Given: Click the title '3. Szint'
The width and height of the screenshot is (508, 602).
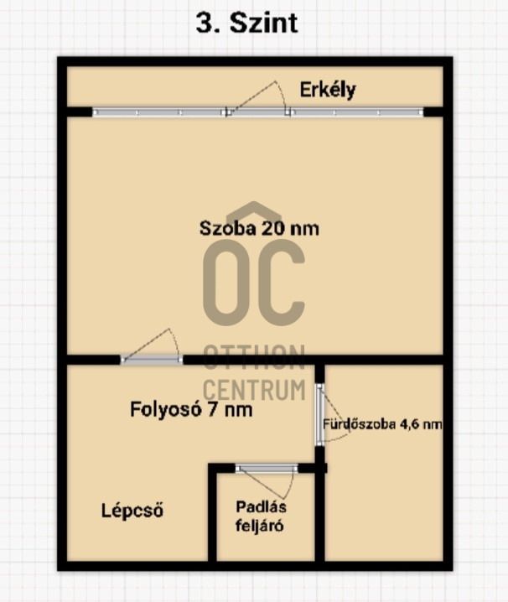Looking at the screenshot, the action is pyautogui.click(x=247, y=23).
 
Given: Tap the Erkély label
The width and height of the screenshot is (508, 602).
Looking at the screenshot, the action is pyautogui.click(x=328, y=91).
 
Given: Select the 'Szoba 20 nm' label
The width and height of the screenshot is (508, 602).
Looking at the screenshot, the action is pyautogui.click(x=259, y=228).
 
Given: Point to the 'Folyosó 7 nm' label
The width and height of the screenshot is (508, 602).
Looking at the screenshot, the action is pyautogui.click(x=191, y=409).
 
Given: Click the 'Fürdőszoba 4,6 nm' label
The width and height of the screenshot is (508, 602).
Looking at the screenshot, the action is pyautogui.click(x=382, y=424).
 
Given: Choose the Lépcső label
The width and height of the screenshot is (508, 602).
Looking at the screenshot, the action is pyautogui.click(x=132, y=511).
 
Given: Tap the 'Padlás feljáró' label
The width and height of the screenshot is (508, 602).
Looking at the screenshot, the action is pyautogui.click(x=261, y=516).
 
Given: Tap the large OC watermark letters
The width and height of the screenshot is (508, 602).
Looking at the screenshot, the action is pyautogui.click(x=254, y=283).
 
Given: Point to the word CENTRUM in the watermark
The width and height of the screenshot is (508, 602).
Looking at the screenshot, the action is pyautogui.click(x=254, y=390).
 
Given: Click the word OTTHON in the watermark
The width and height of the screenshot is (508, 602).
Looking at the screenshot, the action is pyautogui.click(x=254, y=357).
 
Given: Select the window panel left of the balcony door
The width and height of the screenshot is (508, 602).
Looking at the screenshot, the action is pyautogui.click(x=159, y=112).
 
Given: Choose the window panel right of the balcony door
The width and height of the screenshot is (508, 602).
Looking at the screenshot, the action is pyautogui.click(x=357, y=112).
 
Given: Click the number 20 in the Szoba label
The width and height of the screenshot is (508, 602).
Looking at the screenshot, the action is pyautogui.click(x=273, y=228).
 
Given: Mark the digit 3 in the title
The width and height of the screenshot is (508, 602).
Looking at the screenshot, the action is pyautogui.click(x=203, y=23).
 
